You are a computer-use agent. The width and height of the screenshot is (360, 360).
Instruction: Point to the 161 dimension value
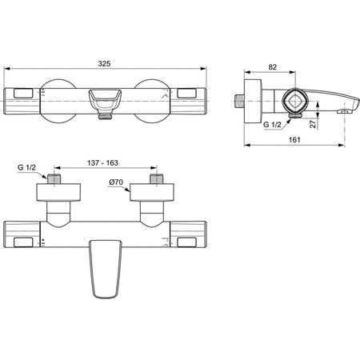click(x=295, y=140)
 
